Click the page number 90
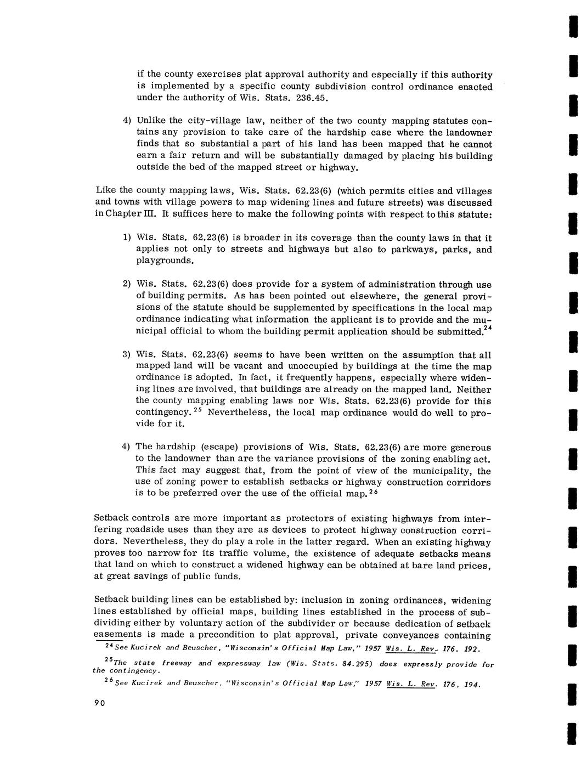pos(99,703)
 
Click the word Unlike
pos(151,120)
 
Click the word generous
pos(471,448)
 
